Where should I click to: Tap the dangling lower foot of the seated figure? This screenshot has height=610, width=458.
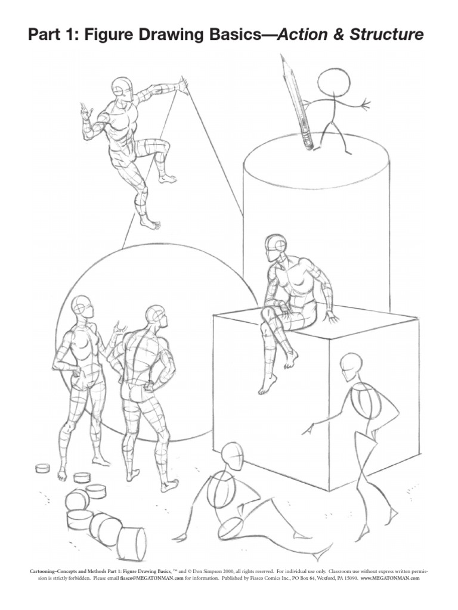(x=265, y=387)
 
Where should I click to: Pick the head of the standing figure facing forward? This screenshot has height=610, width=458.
(x=82, y=308)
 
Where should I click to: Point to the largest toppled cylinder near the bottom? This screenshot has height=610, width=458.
(x=132, y=543)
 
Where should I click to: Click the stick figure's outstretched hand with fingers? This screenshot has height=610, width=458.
(x=363, y=105)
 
